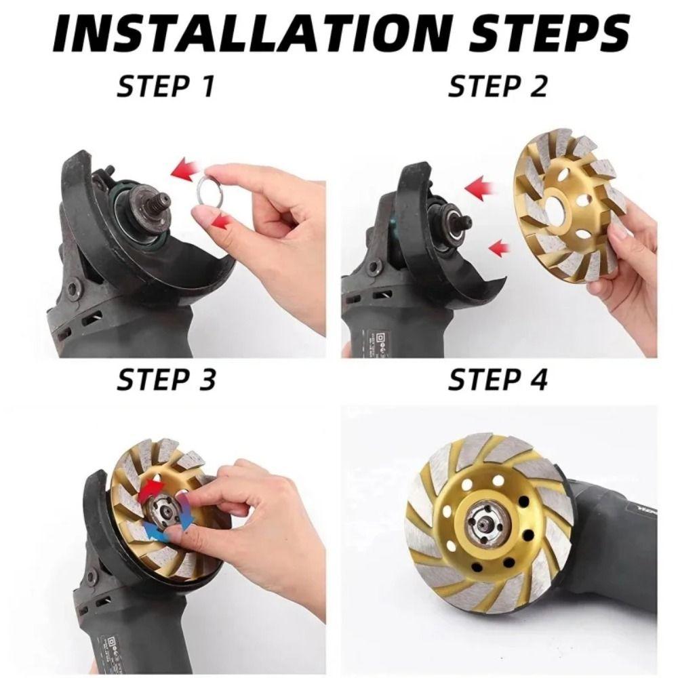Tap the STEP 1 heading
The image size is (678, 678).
pyautogui.click(x=165, y=86)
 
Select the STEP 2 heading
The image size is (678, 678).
pyautogui.click(x=497, y=86)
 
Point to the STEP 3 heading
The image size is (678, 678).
pyautogui.click(x=166, y=380)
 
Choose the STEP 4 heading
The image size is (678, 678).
pyautogui.click(x=498, y=380)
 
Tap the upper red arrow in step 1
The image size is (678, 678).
pyautogui.click(x=184, y=172)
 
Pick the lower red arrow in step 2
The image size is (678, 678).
pyautogui.click(x=499, y=247)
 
